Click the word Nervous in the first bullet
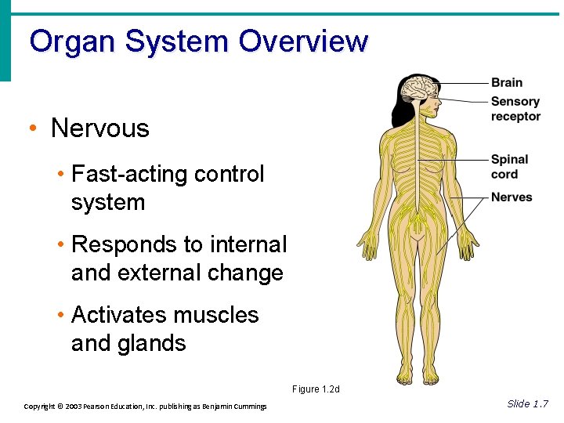[x=99, y=128]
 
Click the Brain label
[x=506, y=82]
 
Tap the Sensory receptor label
[x=515, y=108]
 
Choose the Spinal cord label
[x=509, y=166]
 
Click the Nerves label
[x=511, y=197]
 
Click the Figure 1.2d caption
[x=316, y=389]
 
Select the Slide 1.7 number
[x=527, y=403]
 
